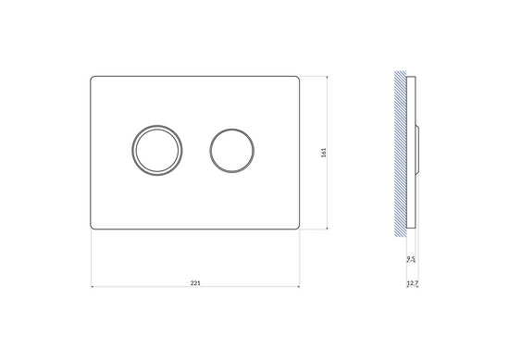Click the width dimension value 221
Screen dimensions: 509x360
tap(195, 283)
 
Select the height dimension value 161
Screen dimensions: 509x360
tap(323, 153)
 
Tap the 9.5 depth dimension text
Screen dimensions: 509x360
tap(411, 259)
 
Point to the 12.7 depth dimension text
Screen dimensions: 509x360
tap(412, 283)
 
